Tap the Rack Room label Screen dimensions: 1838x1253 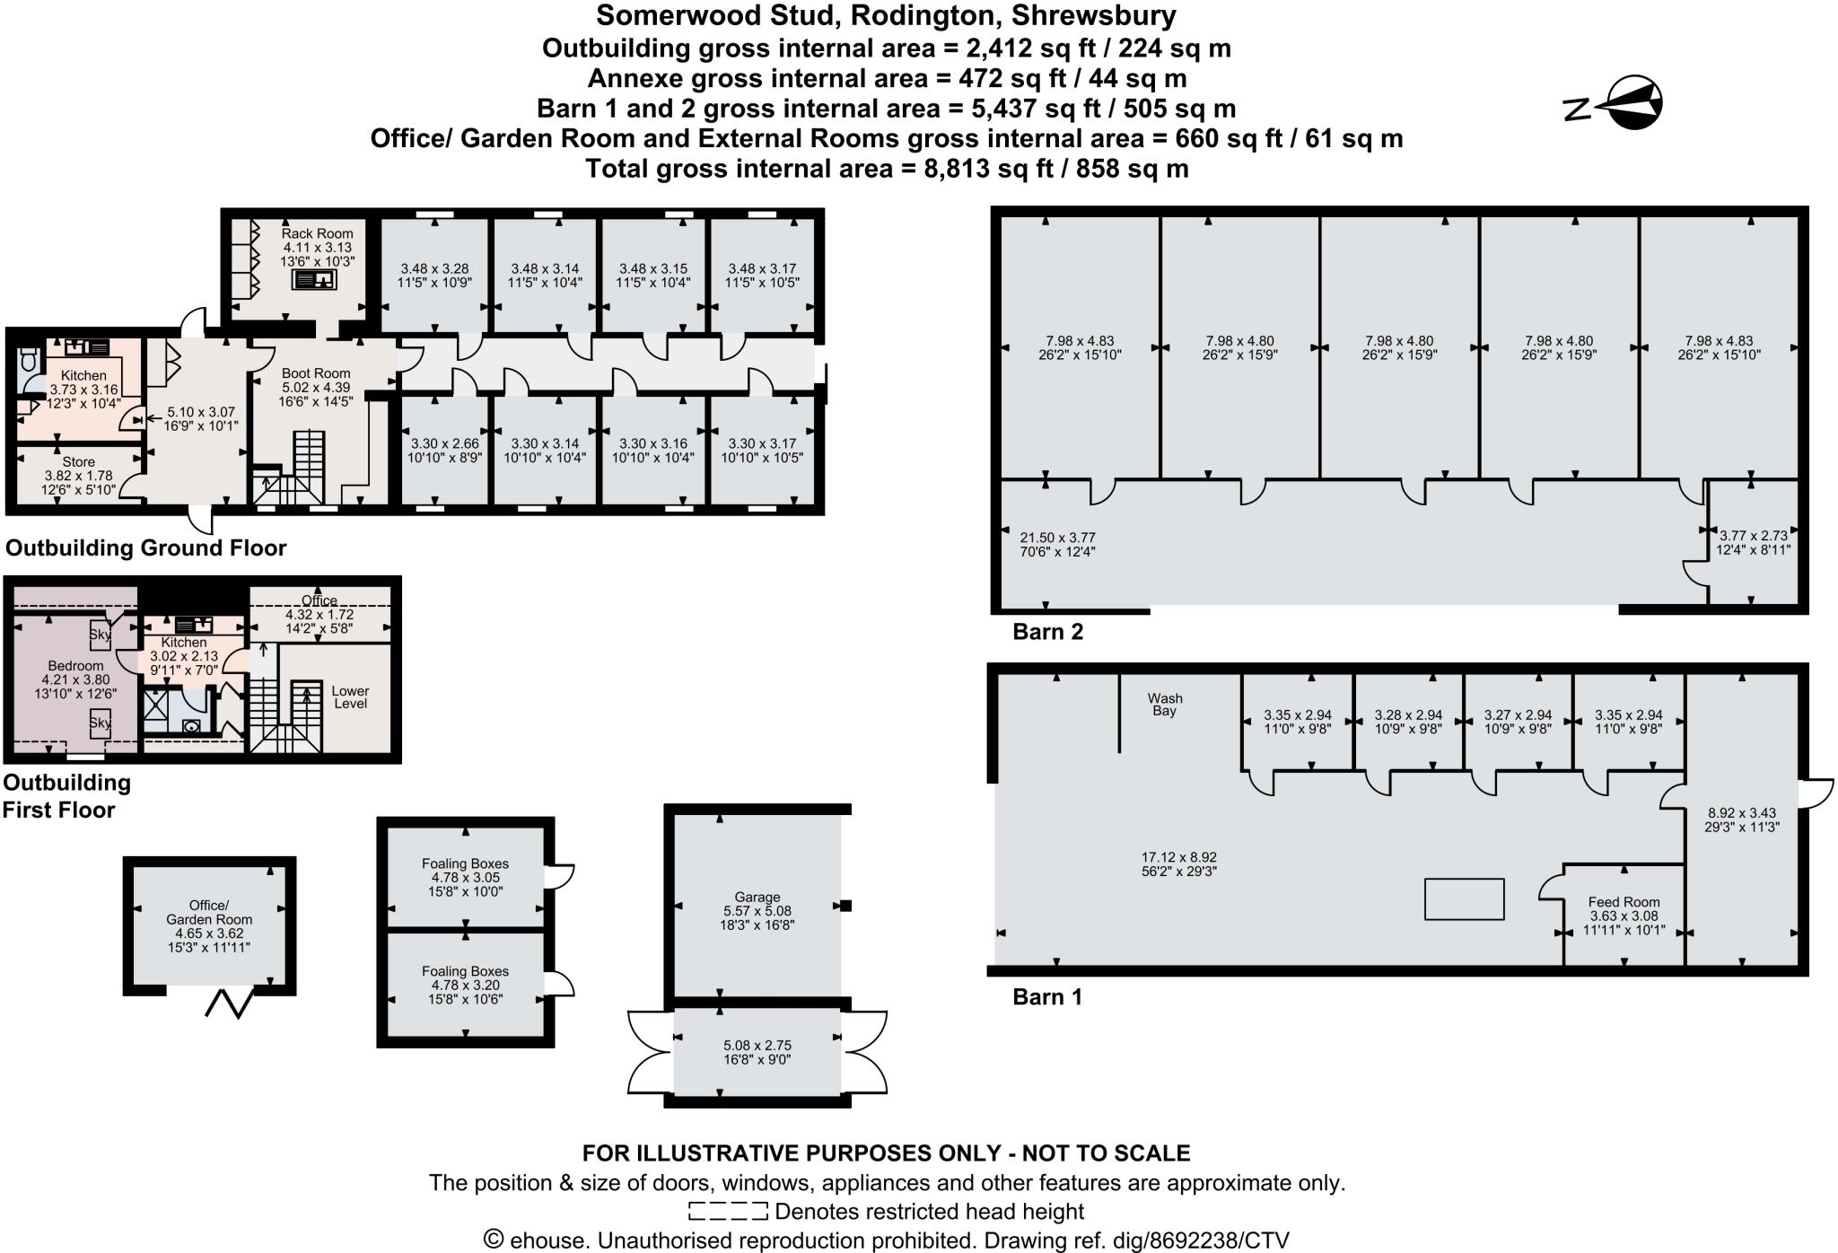tap(318, 233)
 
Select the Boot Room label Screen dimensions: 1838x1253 tap(316, 373)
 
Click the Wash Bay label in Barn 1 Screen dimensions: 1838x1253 tap(1165, 705)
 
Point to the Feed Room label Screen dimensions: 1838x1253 tap(1624, 902)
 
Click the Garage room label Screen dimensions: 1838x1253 tap(757, 897)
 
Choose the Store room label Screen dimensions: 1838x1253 tap(79, 462)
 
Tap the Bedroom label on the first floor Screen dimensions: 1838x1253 tap(75, 666)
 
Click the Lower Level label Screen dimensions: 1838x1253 tap(350, 697)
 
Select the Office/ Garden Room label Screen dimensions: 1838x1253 tap(209, 912)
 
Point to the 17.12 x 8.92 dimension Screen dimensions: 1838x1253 tap(1179, 857)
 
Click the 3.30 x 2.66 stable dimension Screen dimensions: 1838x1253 tap(445, 443)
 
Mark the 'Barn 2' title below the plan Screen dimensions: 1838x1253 tap(1048, 632)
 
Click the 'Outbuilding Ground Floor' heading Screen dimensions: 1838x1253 tap(146, 548)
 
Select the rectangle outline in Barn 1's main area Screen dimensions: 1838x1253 tap(1465, 899)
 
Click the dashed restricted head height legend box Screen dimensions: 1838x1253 tap(728, 1212)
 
